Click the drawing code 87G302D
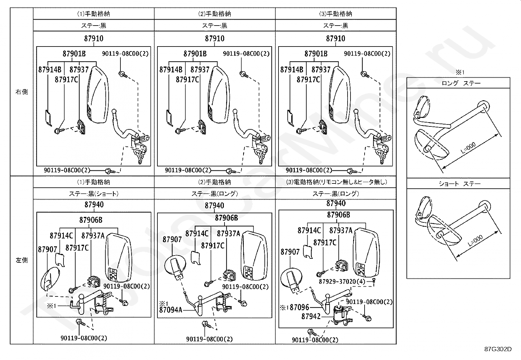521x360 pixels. pyautogui.click(x=498, y=349)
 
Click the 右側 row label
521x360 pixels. pyautogui.click(x=22, y=92)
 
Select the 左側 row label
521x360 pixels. pyautogui.click(x=22, y=260)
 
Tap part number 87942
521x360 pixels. pyautogui.click(x=311, y=316)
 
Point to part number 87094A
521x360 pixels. pyautogui.click(x=171, y=310)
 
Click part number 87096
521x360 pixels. pyautogui.click(x=299, y=307)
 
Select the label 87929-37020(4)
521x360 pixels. pyautogui.click(x=342, y=281)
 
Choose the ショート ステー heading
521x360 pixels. pyautogui.click(x=459, y=184)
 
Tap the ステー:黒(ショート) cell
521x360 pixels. pyautogui.click(x=94, y=194)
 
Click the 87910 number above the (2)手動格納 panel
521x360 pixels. pyautogui.click(x=215, y=38)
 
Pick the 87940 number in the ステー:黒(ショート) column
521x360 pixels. pyautogui.click(x=94, y=204)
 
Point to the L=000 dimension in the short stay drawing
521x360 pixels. pyautogui.click(x=475, y=240)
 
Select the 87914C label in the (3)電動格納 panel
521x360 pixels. pyautogui.click(x=309, y=231)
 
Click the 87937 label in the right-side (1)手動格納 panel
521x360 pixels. pyautogui.click(x=79, y=69)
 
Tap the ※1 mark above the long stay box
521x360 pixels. pyautogui.click(x=460, y=72)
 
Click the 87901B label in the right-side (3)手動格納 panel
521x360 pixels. pyautogui.click(x=316, y=54)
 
